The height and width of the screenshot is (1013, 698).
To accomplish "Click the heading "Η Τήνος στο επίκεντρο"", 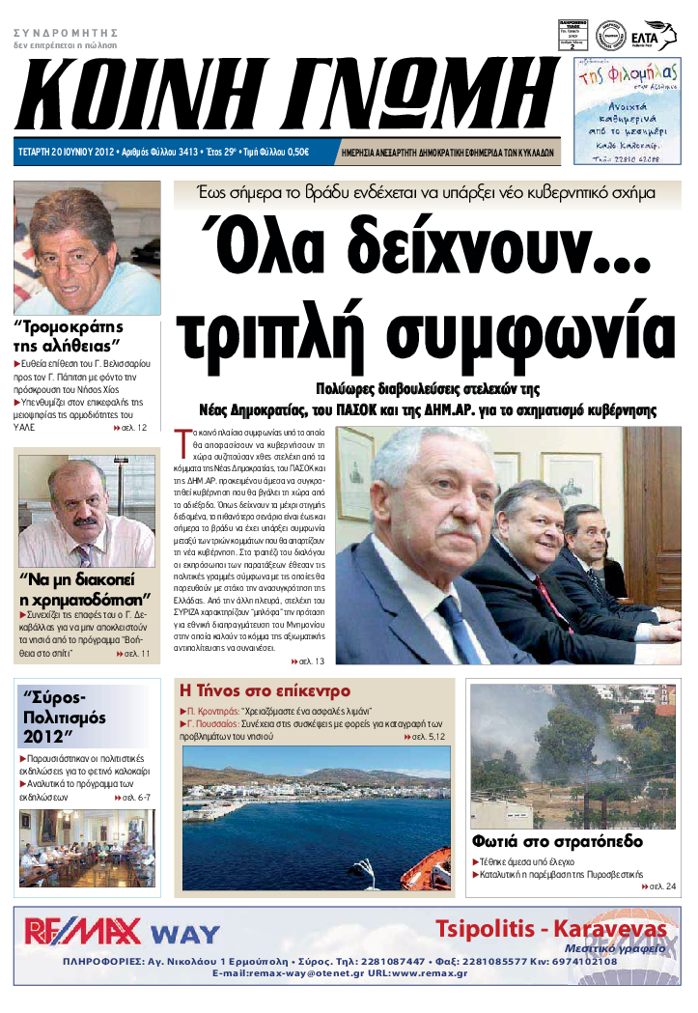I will pos(265,691).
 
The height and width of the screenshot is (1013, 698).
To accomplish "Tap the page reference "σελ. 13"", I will pos(308,661).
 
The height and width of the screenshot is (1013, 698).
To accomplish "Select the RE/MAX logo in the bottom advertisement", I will pos(82,931).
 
